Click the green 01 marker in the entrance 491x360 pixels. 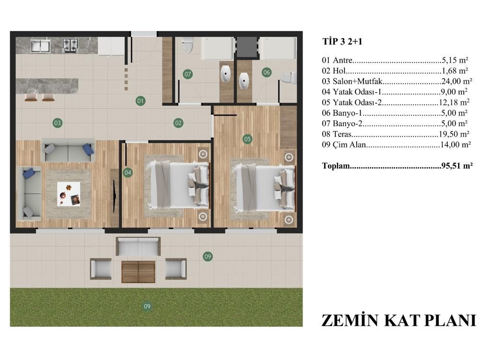pyautogui.click(x=140, y=101)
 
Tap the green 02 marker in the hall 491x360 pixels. pyautogui.click(x=178, y=123)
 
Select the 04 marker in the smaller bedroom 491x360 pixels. pyautogui.click(x=128, y=173)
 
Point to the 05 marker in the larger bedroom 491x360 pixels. pyautogui.click(x=247, y=139)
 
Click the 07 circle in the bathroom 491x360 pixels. pyautogui.click(x=187, y=74)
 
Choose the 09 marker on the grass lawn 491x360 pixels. pyautogui.click(x=147, y=306)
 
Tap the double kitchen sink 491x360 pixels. pyautogui.click(x=40, y=46)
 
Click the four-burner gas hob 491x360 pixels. pyautogui.click(x=70, y=46)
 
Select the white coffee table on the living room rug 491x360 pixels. pyautogui.click(x=69, y=194)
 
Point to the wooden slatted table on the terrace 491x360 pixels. pyautogui.click(x=139, y=272)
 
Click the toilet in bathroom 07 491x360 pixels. pyautogui.click(x=187, y=45)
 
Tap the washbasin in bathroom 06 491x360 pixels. pyautogui.click(x=244, y=81)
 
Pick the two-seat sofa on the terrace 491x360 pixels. pyautogui.click(x=138, y=246)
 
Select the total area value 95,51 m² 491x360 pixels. pyautogui.click(x=457, y=165)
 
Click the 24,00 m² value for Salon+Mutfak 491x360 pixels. pyautogui.click(x=457, y=81)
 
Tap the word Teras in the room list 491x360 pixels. pyautogui.click(x=342, y=134)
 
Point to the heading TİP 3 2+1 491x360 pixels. pyautogui.click(x=342, y=42)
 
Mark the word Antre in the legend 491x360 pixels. pyautogui.click(x=342, y=60)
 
